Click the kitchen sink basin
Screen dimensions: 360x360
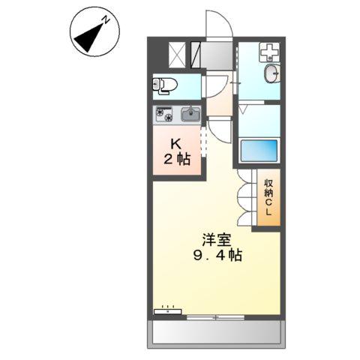(x=189, y=115)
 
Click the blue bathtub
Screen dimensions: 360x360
(x=259, y=151)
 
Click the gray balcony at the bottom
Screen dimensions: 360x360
(x=217, y=332)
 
